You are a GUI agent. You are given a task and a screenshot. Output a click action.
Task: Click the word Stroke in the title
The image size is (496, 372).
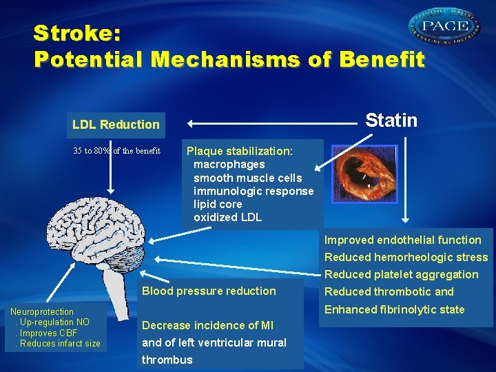(x=73, y=33)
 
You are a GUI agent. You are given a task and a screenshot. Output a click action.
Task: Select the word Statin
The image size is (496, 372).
(x=391, y=121)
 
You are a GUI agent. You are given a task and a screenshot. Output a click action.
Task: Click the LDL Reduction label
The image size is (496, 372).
(x=116, y=125)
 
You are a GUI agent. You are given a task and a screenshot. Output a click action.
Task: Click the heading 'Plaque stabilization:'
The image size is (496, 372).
(x=240, y=151)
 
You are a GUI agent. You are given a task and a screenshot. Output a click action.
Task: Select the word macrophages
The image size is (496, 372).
(x=229, y=165)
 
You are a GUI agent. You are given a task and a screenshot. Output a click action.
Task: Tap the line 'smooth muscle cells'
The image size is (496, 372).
(x=247, y=178)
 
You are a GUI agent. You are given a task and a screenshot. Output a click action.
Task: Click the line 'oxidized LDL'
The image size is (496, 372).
(x=227, y=218)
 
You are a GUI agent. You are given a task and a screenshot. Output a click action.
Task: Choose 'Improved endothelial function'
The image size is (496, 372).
(x=403, y=240)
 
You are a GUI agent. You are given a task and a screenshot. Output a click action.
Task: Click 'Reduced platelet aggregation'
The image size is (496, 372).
(x=402, y=274)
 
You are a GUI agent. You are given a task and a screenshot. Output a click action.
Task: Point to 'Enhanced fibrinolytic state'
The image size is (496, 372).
(x=395, y=309)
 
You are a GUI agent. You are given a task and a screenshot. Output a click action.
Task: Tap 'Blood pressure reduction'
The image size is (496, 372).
(x=209, y=291)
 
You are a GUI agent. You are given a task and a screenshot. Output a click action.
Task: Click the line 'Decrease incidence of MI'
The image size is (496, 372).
(x=208, y=325)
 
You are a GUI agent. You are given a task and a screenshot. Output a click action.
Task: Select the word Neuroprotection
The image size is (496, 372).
(x=42, y=312)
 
